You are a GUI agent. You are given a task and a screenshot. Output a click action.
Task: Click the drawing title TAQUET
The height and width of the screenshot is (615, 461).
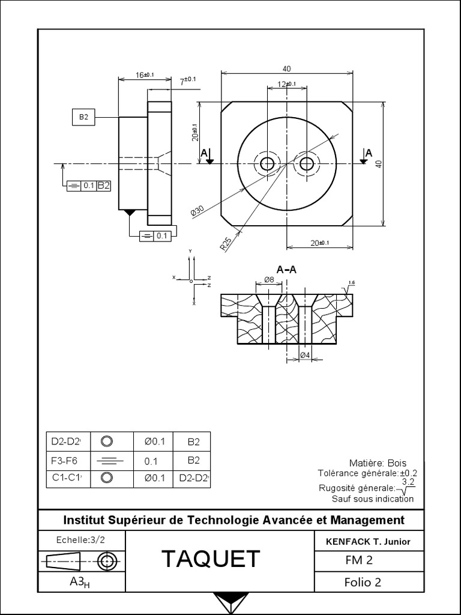pyautogui.click(x=211, y=559)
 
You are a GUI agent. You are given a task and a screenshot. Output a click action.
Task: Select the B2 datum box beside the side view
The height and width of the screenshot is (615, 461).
pyautogui.click(x=83, y=118)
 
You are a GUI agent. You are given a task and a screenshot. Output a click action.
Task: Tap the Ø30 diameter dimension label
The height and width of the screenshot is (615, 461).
pyautogui.click(x=197, y=211)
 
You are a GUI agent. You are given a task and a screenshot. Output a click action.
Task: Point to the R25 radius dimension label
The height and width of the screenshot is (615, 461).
pyautogui.click(x=226, y=243)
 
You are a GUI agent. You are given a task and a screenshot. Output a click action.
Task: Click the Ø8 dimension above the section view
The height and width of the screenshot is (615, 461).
pyautogui.click(x=269, y=280)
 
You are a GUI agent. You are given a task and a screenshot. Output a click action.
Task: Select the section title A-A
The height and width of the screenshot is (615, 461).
pyautogui.click(x=287, y=270)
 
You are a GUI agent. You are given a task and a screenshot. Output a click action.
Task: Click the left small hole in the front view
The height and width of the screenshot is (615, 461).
pyautogui.click(x=267, y=163)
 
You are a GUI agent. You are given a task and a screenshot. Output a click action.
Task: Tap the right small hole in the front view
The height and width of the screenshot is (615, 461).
pyautogui.click(x=307, y=163)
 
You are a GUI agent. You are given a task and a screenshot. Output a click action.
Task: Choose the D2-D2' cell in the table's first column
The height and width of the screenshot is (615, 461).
pyautogui.click(x=66, y=442)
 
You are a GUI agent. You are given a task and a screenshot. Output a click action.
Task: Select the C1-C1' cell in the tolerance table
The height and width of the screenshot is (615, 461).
pyautogui.click(x=67, y=479)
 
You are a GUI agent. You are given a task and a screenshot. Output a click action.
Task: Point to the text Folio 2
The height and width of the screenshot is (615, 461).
pyautogui.click(x=363, y=582)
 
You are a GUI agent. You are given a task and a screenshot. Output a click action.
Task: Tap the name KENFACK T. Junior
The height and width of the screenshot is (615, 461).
pyautogui.click(x=367, y=541)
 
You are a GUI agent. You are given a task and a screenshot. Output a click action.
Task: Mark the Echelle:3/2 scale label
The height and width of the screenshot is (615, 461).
pyautogui.click(x=80, y=539)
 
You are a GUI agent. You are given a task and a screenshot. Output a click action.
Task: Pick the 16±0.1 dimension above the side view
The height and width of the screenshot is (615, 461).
pyautogui.click(x=144, y=75)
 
